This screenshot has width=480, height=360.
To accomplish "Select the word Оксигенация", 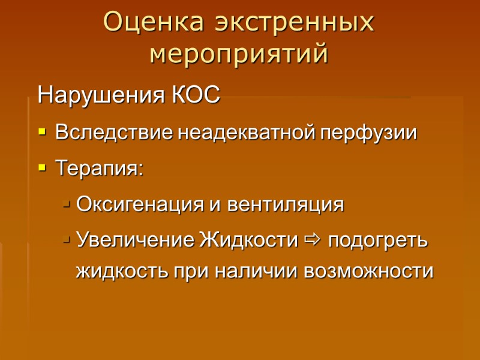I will [141, 205].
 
